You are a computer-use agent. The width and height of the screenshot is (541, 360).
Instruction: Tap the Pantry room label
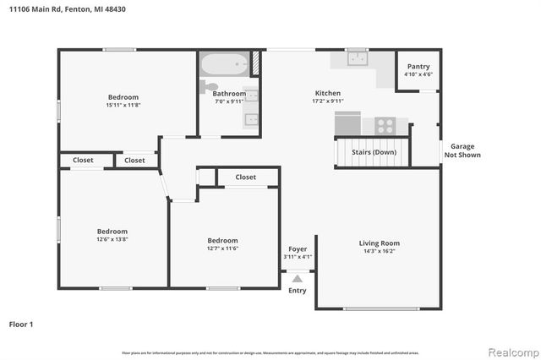click(x=418, y=67)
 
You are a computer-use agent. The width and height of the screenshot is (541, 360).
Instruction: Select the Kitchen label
click(x=328, y=93)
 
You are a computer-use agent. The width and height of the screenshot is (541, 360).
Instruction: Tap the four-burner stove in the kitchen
click(x=385, y=126)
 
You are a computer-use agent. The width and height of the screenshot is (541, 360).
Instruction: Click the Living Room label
click(x=380, y=243)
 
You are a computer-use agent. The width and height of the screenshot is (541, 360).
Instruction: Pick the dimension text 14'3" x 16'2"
click(x=380, y=252)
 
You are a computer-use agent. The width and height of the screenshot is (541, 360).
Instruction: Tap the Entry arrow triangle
click(x=297, y=276)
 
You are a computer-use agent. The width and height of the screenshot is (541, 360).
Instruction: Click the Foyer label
click(x=298, y=249)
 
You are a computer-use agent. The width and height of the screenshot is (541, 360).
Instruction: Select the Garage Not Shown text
click(x=462, y=150)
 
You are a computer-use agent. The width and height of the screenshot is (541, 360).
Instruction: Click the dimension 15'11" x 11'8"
click(x=123, y=106)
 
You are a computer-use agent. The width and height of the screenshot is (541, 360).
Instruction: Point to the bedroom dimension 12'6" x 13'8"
click(x=112, y=240)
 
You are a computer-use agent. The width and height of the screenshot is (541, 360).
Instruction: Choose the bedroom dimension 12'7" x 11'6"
click(x=222, y=248)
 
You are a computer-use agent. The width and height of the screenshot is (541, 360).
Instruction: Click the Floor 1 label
click(x=21, y=324)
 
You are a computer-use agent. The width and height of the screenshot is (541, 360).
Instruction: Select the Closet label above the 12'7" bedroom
click(x=246, y=177)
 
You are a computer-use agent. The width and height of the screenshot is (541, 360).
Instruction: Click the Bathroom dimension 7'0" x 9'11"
click(x=229, y=102)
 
